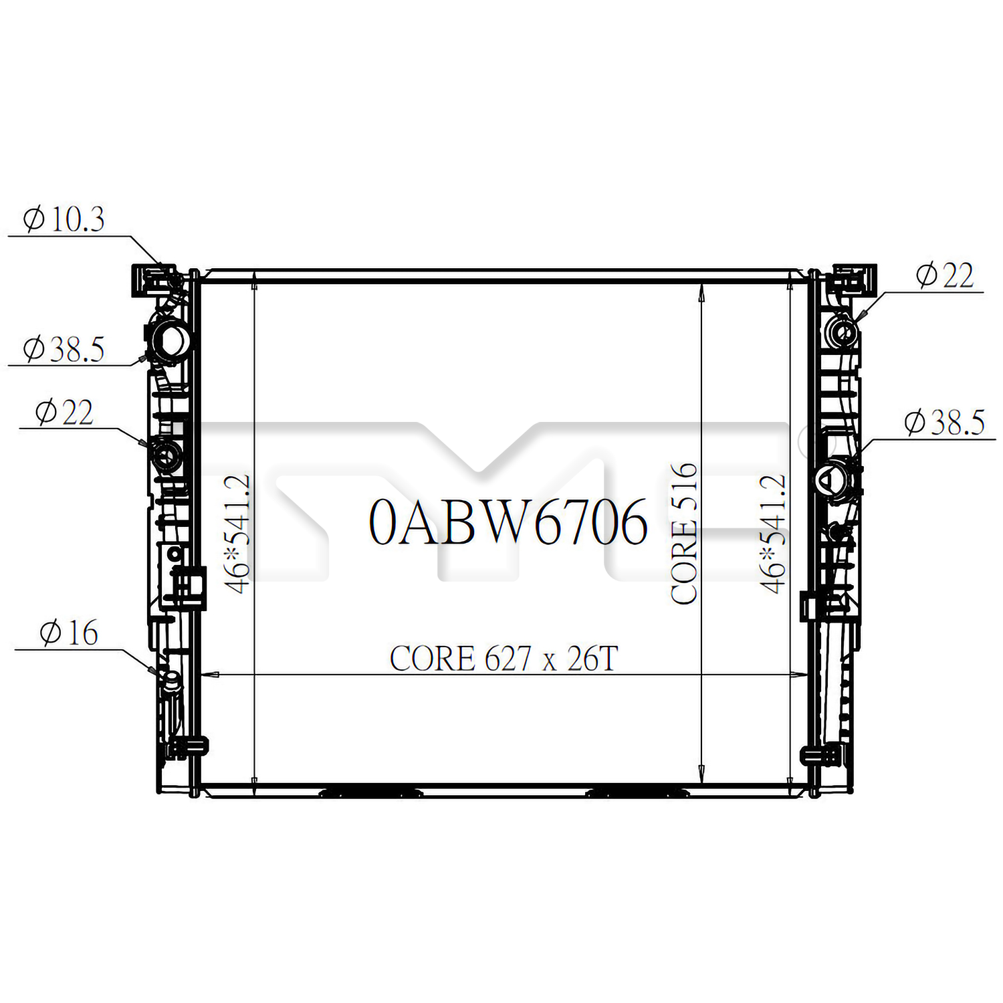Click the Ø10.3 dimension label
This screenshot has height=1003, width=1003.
pos(64,219)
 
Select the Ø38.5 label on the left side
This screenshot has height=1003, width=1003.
pos(64,349)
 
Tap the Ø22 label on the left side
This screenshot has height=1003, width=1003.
pos(64,412)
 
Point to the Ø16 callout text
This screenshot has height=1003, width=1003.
pos(69,633)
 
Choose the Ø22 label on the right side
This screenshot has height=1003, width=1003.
pos(945,275)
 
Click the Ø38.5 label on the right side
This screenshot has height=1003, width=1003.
pos(944,423)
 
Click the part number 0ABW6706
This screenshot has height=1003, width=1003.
pos(508,522)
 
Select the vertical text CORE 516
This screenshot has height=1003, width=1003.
pos(684,534)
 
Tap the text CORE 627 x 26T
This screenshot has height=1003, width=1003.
pos(504,659)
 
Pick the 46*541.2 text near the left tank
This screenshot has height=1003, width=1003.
pos(237,534)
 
